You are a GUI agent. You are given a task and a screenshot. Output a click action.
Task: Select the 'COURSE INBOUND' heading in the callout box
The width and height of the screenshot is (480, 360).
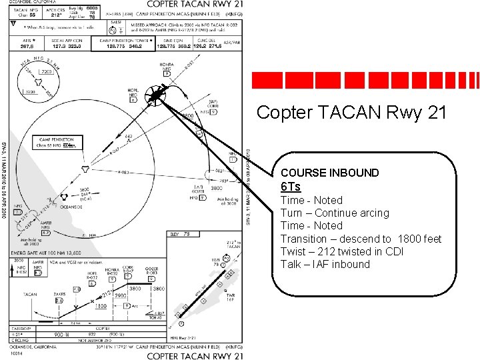329,173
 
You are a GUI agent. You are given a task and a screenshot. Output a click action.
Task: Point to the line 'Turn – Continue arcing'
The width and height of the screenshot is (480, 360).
334,213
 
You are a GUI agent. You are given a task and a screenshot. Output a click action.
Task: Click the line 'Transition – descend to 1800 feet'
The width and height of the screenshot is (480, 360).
361,239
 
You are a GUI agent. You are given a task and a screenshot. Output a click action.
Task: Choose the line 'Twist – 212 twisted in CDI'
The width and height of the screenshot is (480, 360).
340,251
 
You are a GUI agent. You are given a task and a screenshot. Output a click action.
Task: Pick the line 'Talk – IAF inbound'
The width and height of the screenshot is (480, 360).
325,264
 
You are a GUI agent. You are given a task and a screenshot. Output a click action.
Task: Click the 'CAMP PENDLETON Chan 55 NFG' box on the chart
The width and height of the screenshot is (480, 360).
55,143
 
